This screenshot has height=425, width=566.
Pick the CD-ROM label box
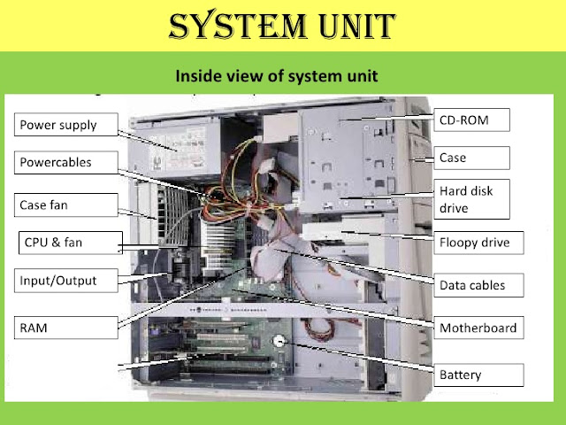(x=475, y=119)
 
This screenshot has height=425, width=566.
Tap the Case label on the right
(x=474, y=158)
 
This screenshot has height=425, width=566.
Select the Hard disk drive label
(x=474, y=199)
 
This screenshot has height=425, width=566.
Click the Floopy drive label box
(x=474, y=242)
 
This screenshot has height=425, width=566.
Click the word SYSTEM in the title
(x=225, y=27)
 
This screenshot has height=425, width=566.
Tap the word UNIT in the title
(x=347, y=27)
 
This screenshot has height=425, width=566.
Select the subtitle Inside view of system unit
(x=278, y=75)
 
